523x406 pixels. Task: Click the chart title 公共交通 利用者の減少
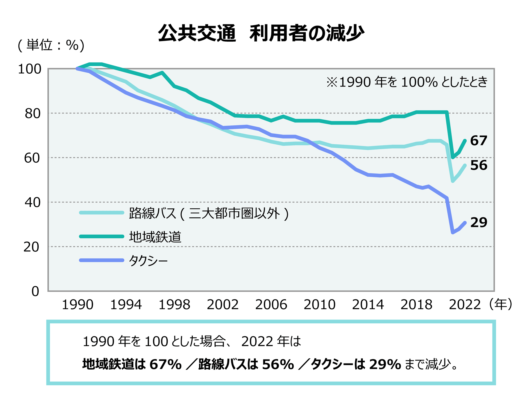tap(261, 33)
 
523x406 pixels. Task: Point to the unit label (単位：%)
tap(51, 45)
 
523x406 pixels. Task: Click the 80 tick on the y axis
tap(33, 114)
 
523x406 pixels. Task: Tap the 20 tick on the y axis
tap(31, 247)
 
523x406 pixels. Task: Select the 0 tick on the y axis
tap(35, 291)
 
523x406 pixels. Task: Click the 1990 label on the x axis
tap(78, 305)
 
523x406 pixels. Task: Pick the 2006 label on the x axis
tap(271, 305)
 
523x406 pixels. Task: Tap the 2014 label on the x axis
tap(368, 305)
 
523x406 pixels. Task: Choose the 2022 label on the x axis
tap(465, 305)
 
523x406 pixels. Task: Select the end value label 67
tap(479, 141)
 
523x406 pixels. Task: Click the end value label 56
tap(479, 165)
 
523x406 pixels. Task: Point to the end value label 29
tap(479, 223)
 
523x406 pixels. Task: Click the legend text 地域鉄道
tap(155, 237)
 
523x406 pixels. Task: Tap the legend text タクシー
tap(148, 260)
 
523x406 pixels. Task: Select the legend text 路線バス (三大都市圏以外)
tap(209, 213)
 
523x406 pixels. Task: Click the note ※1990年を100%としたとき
tap(406, 82)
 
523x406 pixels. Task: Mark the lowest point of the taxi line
tap(453, 233)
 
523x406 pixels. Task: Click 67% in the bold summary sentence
tap(166, 364)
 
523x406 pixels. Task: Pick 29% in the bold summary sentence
tap(385, 364)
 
